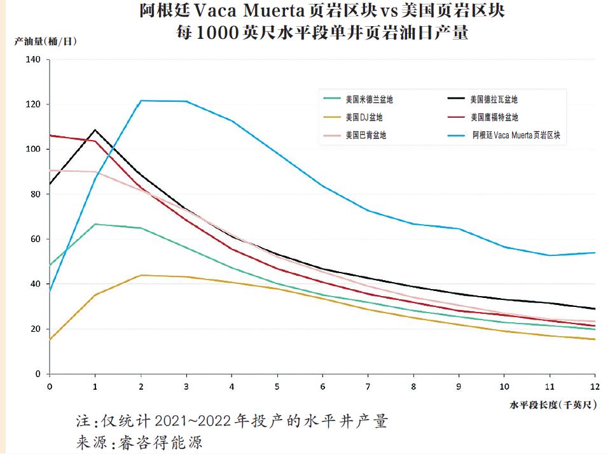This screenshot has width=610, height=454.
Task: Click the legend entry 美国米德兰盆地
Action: (x=369, y=99)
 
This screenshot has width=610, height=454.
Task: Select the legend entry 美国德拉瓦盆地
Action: (x=494, y=99)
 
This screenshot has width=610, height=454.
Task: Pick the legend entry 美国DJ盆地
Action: (x=364, y=117)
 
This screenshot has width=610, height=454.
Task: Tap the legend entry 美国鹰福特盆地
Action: (x=494, y=117)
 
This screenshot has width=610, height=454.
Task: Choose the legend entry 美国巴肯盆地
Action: (x=366, y=135)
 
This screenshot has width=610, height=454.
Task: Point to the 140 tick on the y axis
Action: (x=33, y=59)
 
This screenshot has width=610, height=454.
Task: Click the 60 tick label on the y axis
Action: (x=36, y=239)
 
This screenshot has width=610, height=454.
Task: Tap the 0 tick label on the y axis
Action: (x=38, y=374)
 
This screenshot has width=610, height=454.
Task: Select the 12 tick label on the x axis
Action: (x=595, y=386)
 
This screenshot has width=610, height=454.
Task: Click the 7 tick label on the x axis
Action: (x=368, y=386)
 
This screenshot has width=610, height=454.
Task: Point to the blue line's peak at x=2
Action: (x=141, y=101)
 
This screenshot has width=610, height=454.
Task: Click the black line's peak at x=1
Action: (x=95, y=130)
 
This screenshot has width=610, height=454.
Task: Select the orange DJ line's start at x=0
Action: (x=50, y=339)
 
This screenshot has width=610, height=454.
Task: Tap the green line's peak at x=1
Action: (x=95, y=224)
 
